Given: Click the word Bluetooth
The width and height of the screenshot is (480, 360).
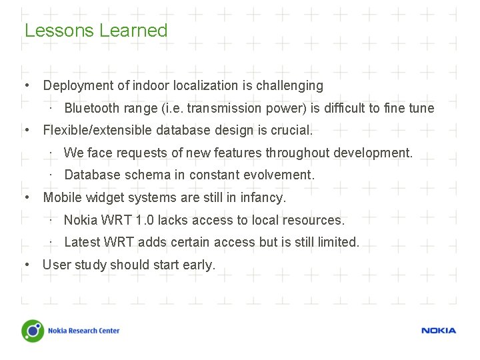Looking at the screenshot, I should pyautogui.click(x=91, y=108).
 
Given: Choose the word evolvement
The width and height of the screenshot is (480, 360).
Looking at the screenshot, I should pyautogui.click(x=281, y=175).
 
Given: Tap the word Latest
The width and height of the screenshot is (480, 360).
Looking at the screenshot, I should pyautogui.click(x=82, y=242).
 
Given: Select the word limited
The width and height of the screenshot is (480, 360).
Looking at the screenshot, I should pyautogui.click(x=337, y=242).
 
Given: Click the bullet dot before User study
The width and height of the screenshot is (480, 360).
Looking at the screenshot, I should pyautogui.click(x=26, y=265).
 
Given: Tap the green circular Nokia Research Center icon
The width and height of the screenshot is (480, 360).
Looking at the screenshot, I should pyautogui.click(x=33, y=331).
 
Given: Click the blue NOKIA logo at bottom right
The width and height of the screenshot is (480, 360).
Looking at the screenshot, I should pyautogui.click(x=438, y=331).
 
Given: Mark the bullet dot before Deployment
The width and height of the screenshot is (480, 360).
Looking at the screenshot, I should pyautogui.click(x=26, y=85).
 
